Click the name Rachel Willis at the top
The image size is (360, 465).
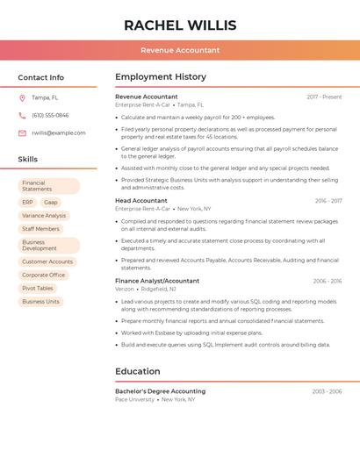[x=180, y=25]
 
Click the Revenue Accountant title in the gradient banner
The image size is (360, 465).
[x=180, y=50]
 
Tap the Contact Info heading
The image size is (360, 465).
[x=41, y=77]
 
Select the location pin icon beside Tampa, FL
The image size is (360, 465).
[x=22, y=97]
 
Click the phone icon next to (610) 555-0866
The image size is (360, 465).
[x=22, y=115]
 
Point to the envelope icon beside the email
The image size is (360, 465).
[x=22, y=133]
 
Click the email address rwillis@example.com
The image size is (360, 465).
[x=59, y=133]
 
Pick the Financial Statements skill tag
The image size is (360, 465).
[x=49, y=186]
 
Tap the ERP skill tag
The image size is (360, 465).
[x=28, y=202]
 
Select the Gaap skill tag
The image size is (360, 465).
[x=51, y=202]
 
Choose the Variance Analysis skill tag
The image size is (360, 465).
[x=44, y=215]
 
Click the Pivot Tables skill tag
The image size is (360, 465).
[x=38, y=288]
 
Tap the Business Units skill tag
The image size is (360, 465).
[x=41, y=301]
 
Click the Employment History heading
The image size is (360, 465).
[x=161, y=77]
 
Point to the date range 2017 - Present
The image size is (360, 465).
[x=324, y=97]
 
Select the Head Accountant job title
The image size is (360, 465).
[x=141, y=201]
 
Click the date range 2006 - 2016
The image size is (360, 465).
[x=327, y=281]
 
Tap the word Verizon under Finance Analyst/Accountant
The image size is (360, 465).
[x=125, y=289]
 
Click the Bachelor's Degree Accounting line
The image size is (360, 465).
[x=160, y=391]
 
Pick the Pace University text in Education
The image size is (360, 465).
[x=134, y=399]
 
